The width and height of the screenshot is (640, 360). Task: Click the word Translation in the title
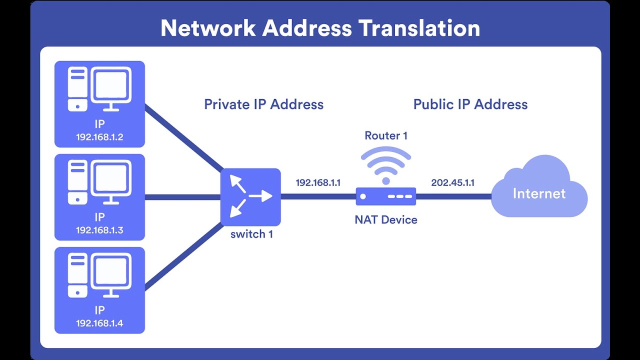[419, 28]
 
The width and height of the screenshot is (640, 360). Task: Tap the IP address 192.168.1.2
[99, 137]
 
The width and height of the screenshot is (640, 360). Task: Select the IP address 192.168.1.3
[99, 230]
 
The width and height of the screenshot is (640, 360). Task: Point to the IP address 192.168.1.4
[99, 323]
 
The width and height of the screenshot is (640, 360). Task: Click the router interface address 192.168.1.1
[318, 182]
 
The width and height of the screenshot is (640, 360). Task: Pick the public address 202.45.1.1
[453, 182]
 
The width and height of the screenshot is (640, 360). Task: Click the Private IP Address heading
[263, 104]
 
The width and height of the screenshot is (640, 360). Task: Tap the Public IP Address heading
[470, 104]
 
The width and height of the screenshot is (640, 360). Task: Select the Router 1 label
[386, 135]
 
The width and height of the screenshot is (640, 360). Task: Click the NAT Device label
[386, 219]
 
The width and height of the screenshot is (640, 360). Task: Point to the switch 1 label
[251, 234]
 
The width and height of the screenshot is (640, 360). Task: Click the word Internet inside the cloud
[539, 193]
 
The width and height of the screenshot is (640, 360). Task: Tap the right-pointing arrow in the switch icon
[260, 196]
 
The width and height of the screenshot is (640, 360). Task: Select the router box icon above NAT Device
[386, 196]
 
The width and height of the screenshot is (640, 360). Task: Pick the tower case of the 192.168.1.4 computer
[77, 275]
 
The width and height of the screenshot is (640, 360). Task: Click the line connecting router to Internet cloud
[453, 196]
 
